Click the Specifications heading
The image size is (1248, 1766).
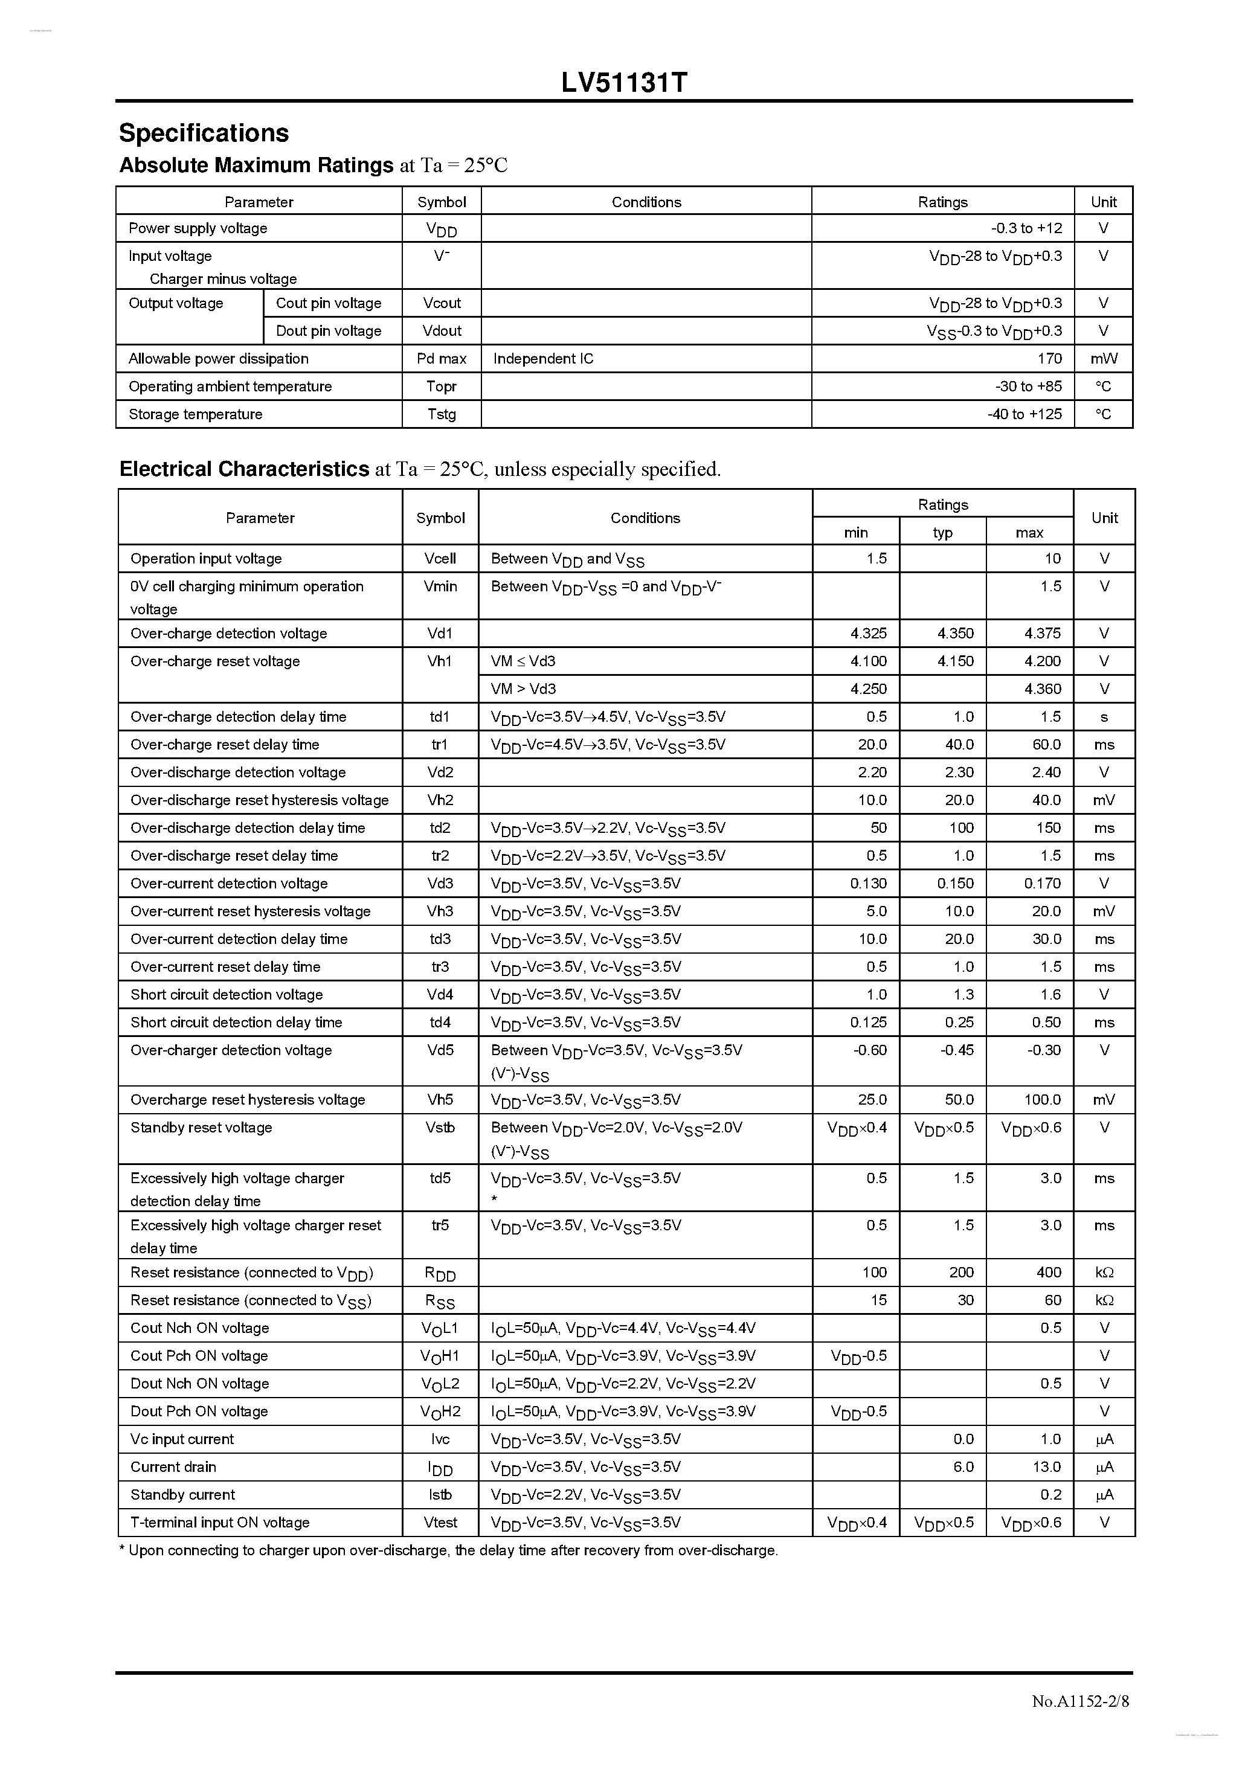tap(204, 133)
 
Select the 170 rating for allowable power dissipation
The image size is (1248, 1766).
tap(1049, 358)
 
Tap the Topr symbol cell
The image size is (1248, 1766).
tap(442, 386)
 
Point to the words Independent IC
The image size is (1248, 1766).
tap(543, 358)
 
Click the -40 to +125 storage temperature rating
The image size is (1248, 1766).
tap(1024, 414)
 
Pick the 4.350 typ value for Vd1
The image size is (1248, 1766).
tap(955, 633)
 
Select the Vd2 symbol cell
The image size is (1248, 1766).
tap(440, 772)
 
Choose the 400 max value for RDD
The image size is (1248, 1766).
tap(1048, 1272)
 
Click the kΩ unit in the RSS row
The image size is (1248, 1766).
tap(1104, 1300)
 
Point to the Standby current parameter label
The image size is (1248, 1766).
tap(182, 1494)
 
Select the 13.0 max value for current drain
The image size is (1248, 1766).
tap(1046, 1467)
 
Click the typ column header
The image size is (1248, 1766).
tap(942, 532)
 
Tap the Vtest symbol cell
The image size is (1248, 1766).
tap(440, 1522)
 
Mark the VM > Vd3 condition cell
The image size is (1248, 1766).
tap(523, 689)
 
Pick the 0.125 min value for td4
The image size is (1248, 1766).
tap(868, 1023)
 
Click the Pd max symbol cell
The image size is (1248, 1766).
tap(442, 358)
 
